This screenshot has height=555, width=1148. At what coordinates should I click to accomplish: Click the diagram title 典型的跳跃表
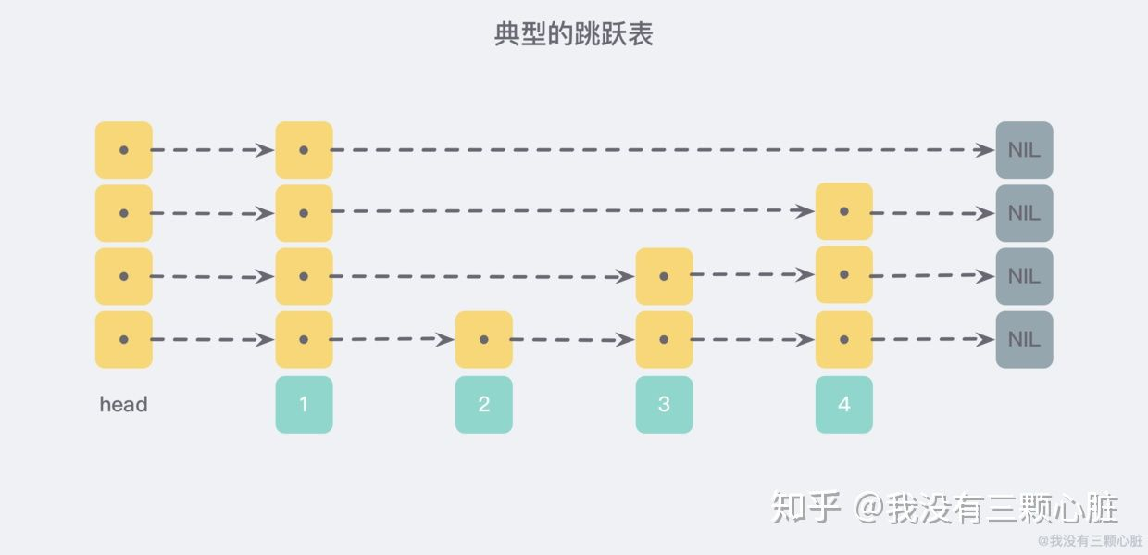pos(573,34)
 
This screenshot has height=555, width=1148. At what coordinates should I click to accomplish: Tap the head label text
pos(123,404)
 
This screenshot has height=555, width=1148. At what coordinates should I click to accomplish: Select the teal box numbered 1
pos(304,404)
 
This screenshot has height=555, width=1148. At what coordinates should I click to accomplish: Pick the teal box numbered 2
pos(484,404)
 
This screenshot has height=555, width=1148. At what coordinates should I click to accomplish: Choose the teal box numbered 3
pos(664,404)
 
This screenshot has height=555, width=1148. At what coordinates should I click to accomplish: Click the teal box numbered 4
pos(844,404)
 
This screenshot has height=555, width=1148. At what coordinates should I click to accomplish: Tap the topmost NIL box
pos(1025,150)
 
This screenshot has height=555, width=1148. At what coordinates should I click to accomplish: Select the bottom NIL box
pos(1025,339)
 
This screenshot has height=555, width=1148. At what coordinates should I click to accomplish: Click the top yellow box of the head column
pos(123,150)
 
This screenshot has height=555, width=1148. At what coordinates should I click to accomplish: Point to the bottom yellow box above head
pos(123,339)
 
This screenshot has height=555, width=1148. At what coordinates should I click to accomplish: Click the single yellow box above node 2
pos(484,339)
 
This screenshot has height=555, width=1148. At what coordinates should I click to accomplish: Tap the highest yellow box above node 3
pos(664,276)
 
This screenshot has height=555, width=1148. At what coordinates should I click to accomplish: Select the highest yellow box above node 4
pos(844,211)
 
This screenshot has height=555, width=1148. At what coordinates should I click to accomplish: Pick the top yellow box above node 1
pos(304,150)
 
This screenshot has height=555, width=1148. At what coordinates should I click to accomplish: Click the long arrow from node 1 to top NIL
pos(662,150)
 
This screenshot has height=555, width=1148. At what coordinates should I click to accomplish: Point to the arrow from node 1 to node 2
pos(392,339)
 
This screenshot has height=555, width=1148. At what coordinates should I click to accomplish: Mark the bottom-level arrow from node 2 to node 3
pos(572,339)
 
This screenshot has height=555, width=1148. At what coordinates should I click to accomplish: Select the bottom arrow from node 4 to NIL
pos(933,339)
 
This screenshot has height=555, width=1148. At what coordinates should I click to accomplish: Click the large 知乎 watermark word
pos(805,507)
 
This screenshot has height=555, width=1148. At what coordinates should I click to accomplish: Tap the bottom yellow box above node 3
pos(664,339)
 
